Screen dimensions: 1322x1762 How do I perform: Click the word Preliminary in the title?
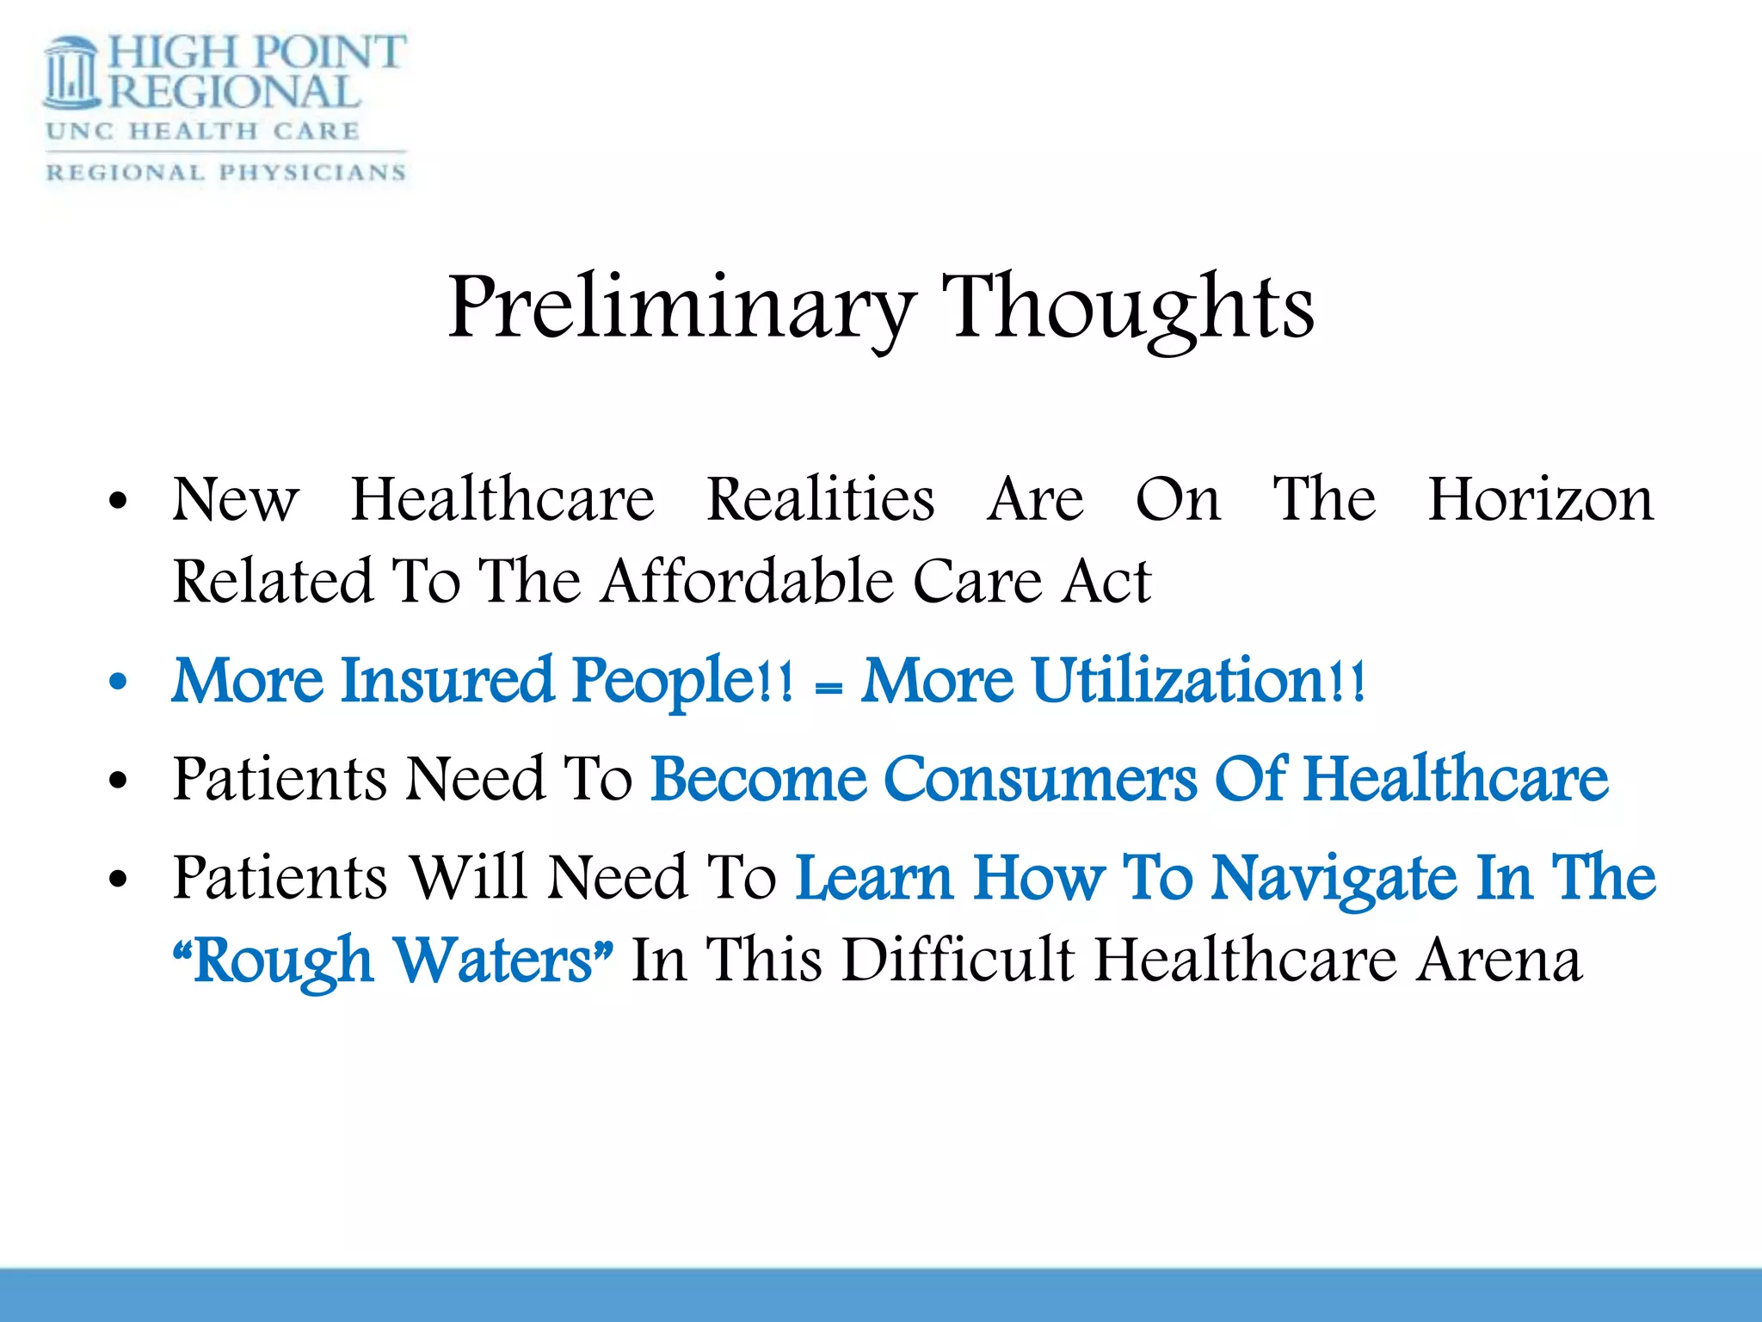click(680, 307)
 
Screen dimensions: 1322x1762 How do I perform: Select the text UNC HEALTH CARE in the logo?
click(203, 132)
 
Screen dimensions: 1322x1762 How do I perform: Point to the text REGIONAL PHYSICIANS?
click(225, 172)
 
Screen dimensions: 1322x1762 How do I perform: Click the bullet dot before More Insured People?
click(118, 683)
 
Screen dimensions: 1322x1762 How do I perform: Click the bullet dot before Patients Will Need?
click(118, 880)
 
